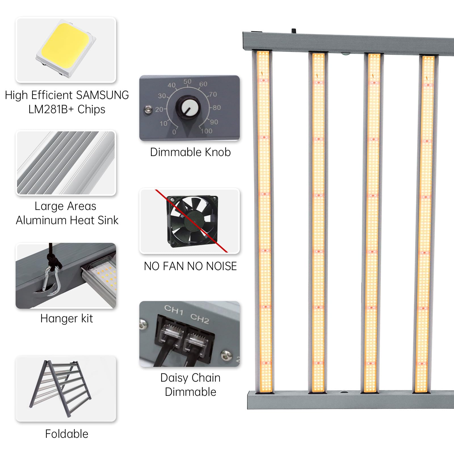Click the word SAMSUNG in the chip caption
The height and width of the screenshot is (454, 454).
coord(102,95)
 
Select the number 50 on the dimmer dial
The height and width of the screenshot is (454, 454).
coord(187,82)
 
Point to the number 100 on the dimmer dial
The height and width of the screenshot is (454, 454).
coord(207,131)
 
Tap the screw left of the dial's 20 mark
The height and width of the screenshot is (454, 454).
coord(148,109)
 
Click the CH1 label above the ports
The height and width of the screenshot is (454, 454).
coord(174,310)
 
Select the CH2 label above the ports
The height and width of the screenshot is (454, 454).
coord(200,318)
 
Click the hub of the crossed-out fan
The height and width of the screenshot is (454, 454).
coord(194,222)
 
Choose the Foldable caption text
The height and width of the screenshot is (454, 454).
coord(67,434)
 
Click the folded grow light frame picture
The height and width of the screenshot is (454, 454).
coord(60,388)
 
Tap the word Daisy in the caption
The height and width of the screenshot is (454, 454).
coord(174,378)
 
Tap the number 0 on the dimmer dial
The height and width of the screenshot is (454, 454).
coord(174,132)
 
